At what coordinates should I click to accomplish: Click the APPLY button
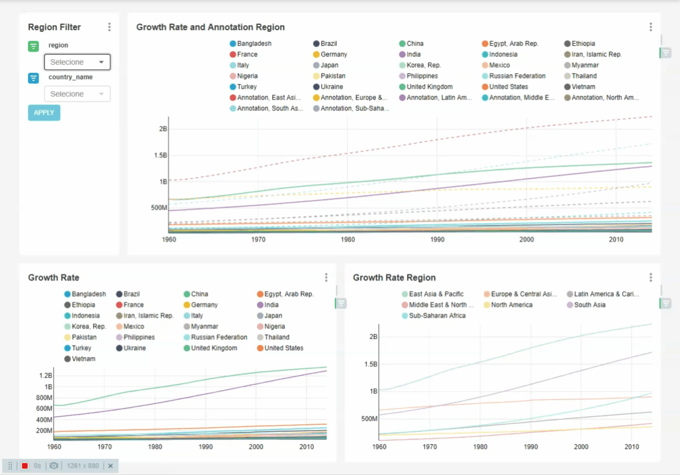click(x=44, y=113)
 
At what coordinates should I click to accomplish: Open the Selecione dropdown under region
click(x=77, y=62)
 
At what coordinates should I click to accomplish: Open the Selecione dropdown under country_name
click(x=77, y=94)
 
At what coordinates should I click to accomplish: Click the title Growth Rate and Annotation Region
click(x=210, y=27)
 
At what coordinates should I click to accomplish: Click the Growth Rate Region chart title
click(x=394, y=277)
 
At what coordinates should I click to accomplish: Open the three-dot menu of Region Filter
click(x=109, y=27)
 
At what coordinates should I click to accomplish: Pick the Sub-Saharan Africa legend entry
click(x=437, y=316)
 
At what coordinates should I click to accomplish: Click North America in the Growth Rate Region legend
click(x=511, y=305)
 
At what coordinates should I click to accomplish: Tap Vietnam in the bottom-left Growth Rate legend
click(x=83, y=359)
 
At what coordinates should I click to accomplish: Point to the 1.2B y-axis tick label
click(x=45, y=376)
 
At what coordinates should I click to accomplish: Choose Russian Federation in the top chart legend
click(x=517, y=76)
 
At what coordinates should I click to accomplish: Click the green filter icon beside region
click(x=33, y=46)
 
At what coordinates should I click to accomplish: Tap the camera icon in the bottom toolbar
click(x=54, y=466)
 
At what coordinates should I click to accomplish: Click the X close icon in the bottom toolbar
click(x=111, y=466)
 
